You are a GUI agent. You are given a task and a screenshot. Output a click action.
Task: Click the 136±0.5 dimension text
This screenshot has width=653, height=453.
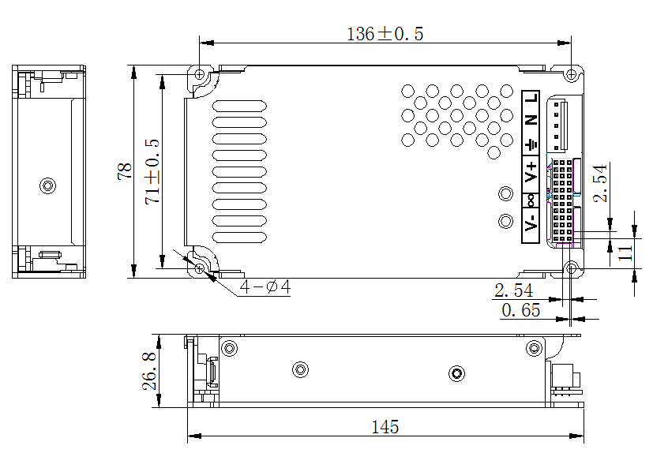[x=385, y=34]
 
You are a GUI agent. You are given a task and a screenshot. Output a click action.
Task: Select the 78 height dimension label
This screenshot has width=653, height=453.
[x=125, y=172]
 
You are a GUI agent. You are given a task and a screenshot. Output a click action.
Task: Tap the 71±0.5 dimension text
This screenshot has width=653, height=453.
[x=152, y=171]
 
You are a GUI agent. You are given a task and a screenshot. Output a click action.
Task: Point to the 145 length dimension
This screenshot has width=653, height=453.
[x=385, y=427]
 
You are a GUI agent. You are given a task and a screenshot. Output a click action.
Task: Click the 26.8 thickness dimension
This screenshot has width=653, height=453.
[x=148, y=371]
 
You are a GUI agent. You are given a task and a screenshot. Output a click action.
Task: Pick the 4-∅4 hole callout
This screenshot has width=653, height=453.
[x=265, y=287]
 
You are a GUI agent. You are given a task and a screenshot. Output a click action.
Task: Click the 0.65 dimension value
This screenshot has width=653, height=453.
[x=521, y=310]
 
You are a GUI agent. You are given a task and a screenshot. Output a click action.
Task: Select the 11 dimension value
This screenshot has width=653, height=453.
[x=625, y=253]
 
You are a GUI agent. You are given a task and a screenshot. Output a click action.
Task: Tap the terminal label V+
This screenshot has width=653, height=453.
[x=531, y=171]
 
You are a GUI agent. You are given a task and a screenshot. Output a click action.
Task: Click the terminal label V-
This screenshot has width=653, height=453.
[x=531, y=226]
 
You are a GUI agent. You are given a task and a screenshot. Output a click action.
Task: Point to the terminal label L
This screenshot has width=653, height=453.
[x=531, y=99]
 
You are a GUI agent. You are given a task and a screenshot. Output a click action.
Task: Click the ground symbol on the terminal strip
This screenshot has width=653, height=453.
[x=531, y=144]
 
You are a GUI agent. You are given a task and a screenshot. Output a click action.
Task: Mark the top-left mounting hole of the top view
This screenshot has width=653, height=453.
[x=200, y=74]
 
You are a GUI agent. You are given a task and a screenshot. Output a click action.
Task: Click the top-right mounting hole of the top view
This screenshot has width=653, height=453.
[x=571, y=74]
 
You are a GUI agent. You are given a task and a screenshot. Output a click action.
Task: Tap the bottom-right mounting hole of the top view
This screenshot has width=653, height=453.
[x=571, y=268]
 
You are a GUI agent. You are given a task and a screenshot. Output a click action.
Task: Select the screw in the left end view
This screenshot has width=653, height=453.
[x=47, y=185]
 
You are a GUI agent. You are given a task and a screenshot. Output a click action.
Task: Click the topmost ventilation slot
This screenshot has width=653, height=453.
[x=240, y=105]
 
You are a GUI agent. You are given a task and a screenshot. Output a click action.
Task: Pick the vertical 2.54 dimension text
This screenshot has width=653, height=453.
[x=602, y=183]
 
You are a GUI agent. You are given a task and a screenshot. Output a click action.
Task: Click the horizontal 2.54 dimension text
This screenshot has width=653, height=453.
[x=513, y=290]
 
